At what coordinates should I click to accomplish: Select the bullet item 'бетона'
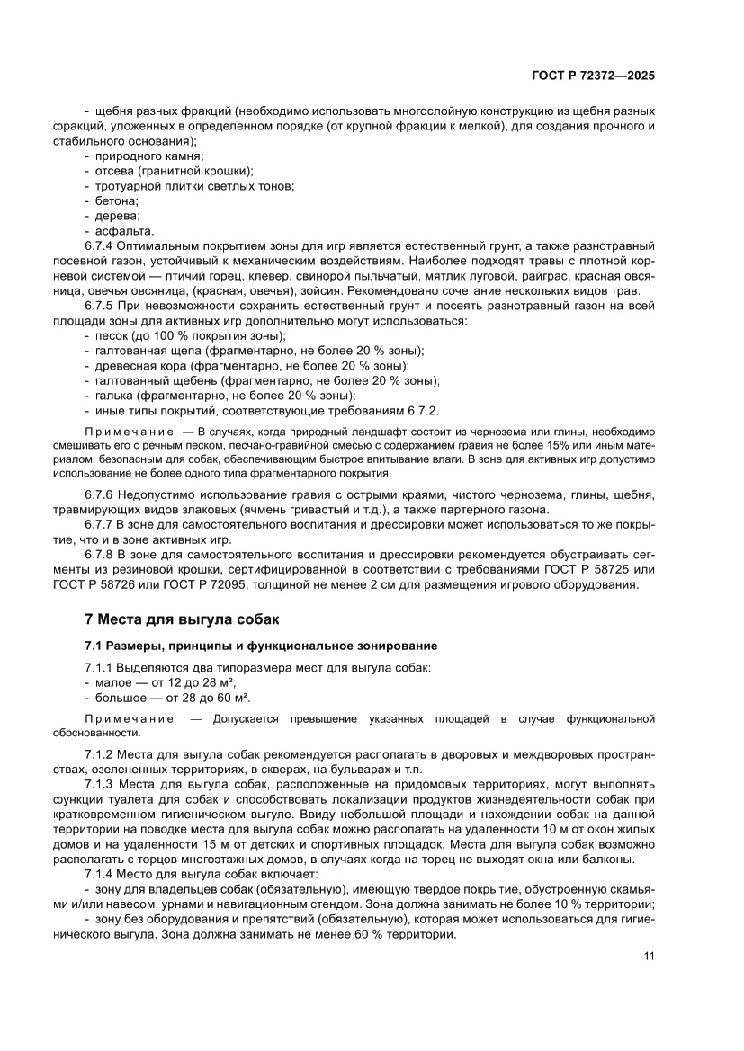tap(117, 200)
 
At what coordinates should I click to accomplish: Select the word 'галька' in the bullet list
tap(114, 395)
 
